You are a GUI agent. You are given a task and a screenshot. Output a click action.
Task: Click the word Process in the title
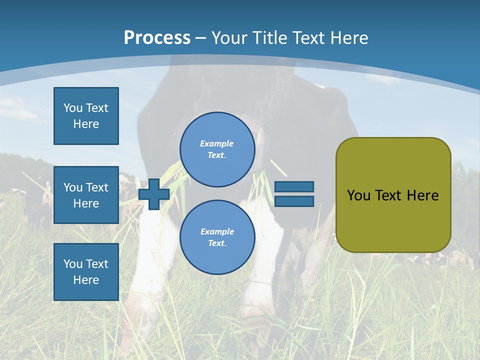(x=157, y=38)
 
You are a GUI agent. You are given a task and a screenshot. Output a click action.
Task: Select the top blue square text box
(x=86, y=116)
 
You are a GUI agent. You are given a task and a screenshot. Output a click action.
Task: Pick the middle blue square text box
(x=86, y=195)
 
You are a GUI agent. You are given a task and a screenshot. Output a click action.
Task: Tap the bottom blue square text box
(x=86, y=272)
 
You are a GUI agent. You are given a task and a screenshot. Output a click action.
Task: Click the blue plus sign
(x=154, y=194)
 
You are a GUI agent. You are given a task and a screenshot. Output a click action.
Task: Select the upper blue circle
(x=217, y=149)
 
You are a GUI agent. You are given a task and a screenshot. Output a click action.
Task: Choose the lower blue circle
(x=217, y=237)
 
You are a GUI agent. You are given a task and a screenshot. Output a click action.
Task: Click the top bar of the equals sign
(x=294, y=187)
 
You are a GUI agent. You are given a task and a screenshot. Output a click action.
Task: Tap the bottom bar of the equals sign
(x=294, y=201)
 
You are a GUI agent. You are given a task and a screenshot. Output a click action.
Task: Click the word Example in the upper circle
(x=216, y=143)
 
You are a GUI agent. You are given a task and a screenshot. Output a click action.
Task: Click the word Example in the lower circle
(x=216, y=231)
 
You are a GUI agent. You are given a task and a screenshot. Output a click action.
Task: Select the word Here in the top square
(x=86, y=124)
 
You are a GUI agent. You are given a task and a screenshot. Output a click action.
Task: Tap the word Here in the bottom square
(x=86, y=280)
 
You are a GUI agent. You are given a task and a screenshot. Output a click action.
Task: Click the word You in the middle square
(x=73, y=187)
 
